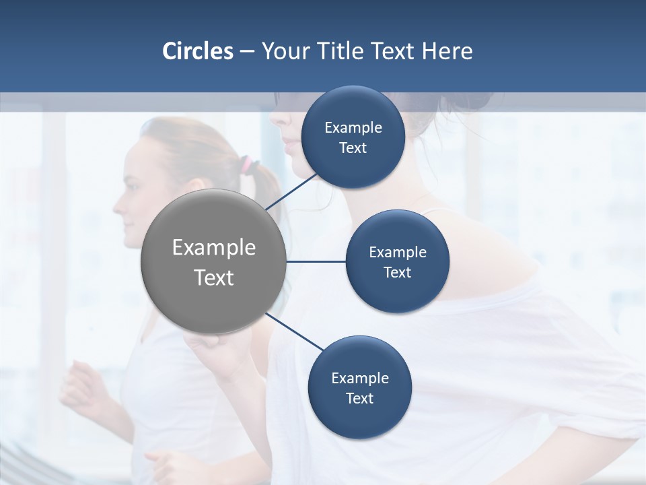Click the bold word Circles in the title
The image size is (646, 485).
198,51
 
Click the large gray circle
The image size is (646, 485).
213,261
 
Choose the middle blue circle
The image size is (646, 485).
397,261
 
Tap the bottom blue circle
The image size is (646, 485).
359,387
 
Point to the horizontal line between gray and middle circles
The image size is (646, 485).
316,261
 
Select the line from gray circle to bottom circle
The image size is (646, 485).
294,331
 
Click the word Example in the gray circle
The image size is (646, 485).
214,248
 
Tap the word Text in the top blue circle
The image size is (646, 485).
353,148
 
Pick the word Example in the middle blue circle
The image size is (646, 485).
398,252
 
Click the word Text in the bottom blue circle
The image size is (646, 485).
359,398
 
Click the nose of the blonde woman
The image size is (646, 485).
116,200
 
